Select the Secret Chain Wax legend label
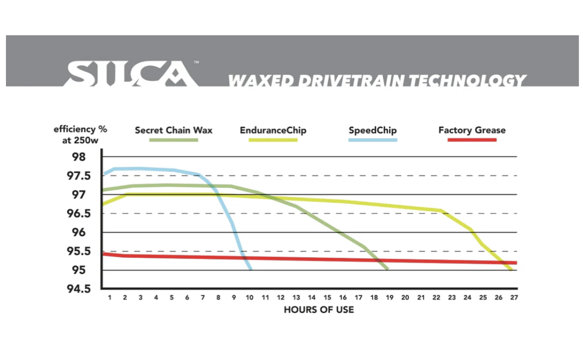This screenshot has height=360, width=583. (174, 130)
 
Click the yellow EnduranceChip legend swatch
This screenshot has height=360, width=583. (273, 140)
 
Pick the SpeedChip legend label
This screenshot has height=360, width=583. (373, 130)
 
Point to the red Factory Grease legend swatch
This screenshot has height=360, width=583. (472, 140)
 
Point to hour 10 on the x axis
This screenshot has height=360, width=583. (249, 298)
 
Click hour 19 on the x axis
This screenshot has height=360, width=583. (390, 298)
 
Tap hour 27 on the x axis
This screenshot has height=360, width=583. (514, 298)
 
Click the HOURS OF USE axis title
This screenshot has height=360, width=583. (319, 310)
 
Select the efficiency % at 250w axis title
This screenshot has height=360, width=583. (80, 134)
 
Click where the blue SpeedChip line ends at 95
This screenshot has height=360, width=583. (251, 269)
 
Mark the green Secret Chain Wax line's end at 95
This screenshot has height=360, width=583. (387, 269)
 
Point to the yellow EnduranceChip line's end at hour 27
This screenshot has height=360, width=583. (511, 269)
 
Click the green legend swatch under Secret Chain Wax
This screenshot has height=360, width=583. (174, 140)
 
